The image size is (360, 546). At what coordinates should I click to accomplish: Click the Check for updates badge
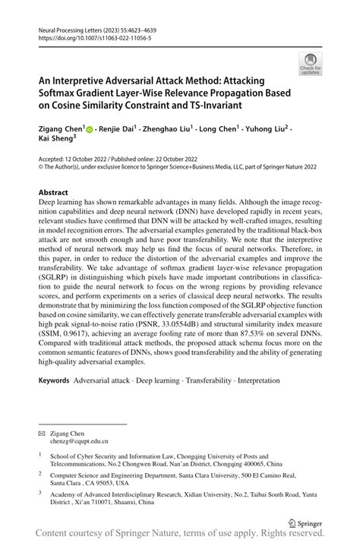(311, 65)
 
